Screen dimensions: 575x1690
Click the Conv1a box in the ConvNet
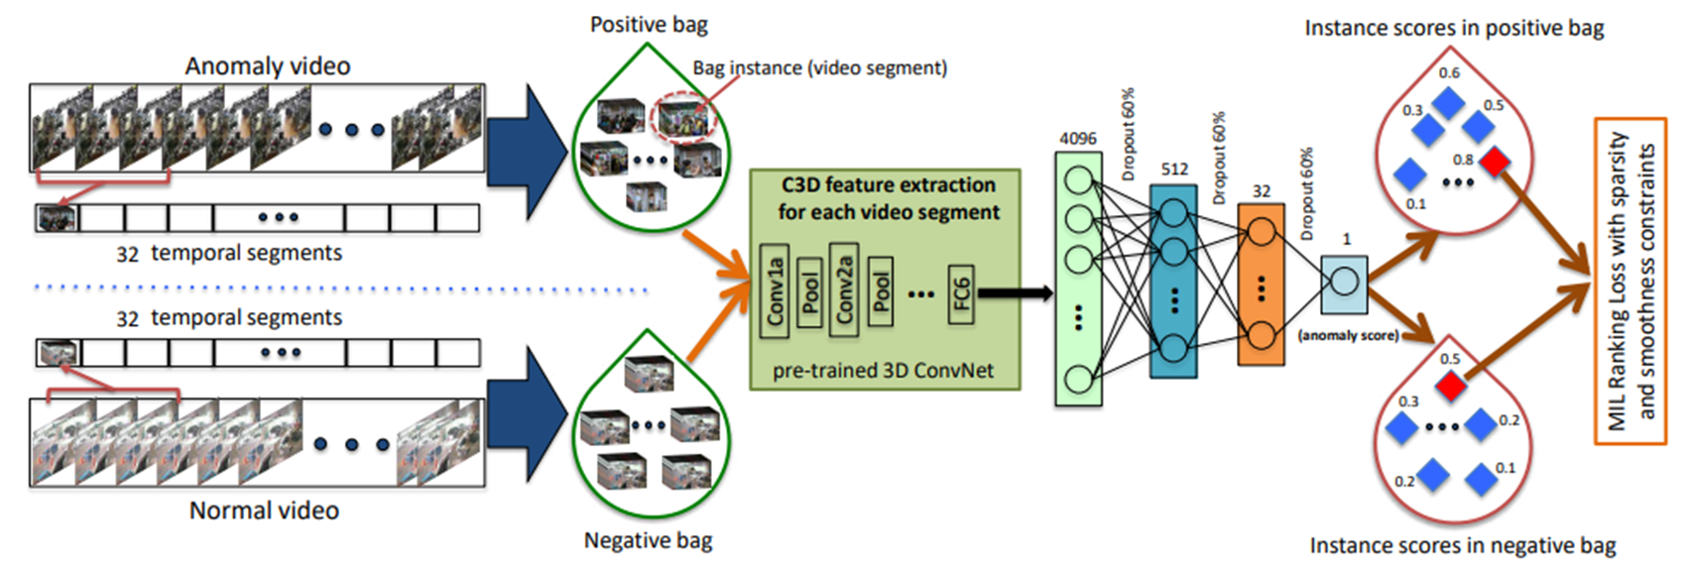pyautogui.click(x=775, y=290)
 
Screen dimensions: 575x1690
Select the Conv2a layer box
pyautogui.click(x=844, y=289)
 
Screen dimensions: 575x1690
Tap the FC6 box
pyautogui.click(x=960, y=292)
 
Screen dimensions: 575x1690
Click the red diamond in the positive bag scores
pyautogui.click(x=1495, y=162)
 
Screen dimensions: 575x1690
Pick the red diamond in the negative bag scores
pyautogui.click(x=1451, y=386)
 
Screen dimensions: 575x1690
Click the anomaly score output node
pyautogui.click(x=1344, y=282)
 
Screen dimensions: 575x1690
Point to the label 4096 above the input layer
pyautogui.click(x=1078, y=139)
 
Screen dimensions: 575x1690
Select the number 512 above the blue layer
pyautogui.click(x=1174, y=170)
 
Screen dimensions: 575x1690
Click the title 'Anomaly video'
pyautogui.click(x=268, y=66)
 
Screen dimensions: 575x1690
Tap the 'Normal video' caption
pyautogui.click(x=264, y=511)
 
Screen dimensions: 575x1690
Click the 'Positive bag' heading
pyautogui.click(x=649, y=25)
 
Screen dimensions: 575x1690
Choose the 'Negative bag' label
pyautogui.click(x=648, y=540)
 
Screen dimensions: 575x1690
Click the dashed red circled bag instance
pyautogui.click(x=682, y=121)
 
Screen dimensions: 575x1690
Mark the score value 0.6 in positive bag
pyautogui.click(x=1449, y=73)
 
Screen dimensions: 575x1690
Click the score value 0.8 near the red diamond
pyautogui.click(x=1463, y=160)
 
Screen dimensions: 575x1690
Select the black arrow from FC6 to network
pyautogui.click(x=1014, y=292)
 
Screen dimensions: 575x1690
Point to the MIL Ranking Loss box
pyautogui.click(x=1630, y=282)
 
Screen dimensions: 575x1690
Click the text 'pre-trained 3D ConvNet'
pyautogui.click(x=883, y=371)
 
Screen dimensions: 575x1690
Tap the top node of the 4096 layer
pyautogui.click(x=1078, y=180)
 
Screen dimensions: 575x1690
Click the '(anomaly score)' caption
pyautogui.click(x=1348, y=336)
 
